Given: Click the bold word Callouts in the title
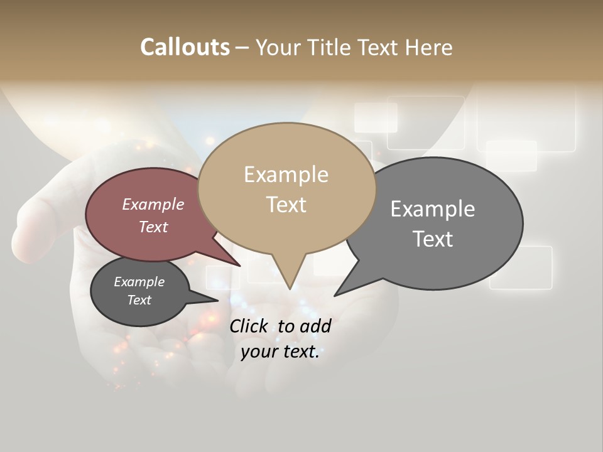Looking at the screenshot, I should pyautogui.click(x=185, y=47).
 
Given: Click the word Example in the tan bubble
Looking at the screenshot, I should pyautogui.click(x=286, y=175).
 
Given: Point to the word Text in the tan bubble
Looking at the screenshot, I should pyautogui.click(x=286, y=205).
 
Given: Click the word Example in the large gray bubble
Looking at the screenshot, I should pyautogui.click(x=433, y=209).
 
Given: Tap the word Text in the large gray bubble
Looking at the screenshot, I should pyautogui.click(x=433, y=239).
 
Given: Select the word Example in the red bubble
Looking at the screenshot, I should pyautogui.click(x=153, y=205).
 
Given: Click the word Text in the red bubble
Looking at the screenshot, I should pyautogui.click(x=153, y=227).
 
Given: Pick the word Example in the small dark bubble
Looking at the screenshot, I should pyautogui.click(x=139, y=282).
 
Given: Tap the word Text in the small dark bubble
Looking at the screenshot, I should pyautogui.click(x=139, y=300).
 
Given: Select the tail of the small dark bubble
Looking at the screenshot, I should pyautogui.click(x=210, y=299).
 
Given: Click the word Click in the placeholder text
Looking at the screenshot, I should pyautogui.click(x=248, y=326).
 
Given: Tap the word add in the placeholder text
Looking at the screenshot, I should pyautogui.click(x=315, y=326).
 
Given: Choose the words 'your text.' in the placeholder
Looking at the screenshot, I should pyautogui.click(x=280, y=352).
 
